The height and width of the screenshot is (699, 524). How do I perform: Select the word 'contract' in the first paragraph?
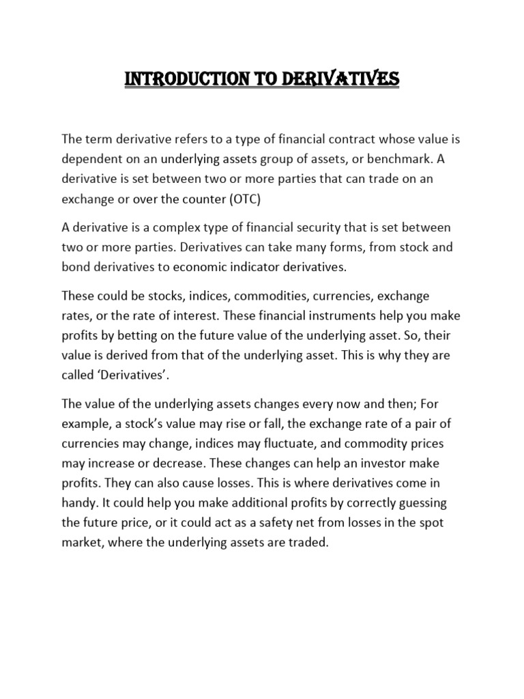[351, 139]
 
